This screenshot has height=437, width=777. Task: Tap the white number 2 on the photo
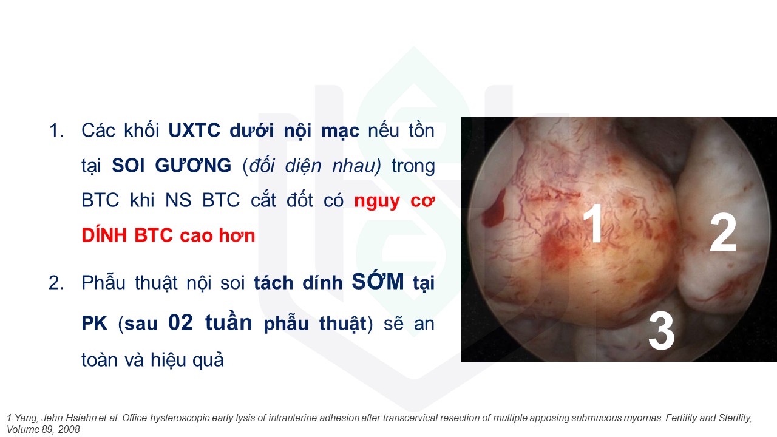[723, 232]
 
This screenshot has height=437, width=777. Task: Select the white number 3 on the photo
[661, 330]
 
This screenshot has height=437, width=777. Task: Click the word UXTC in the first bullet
[194, 130]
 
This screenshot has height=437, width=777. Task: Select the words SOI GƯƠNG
[171, 165]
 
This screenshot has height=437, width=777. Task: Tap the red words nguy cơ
[394, 201]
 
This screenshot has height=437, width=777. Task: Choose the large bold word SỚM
[378, 281]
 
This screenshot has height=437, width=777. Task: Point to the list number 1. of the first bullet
[56, 130]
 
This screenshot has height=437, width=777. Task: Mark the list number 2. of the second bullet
[56, 283]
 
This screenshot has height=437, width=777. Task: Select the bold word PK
[94, 324]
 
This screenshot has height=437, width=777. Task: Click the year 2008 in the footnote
[69, 429]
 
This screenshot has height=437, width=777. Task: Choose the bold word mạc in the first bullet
[340, 131]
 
